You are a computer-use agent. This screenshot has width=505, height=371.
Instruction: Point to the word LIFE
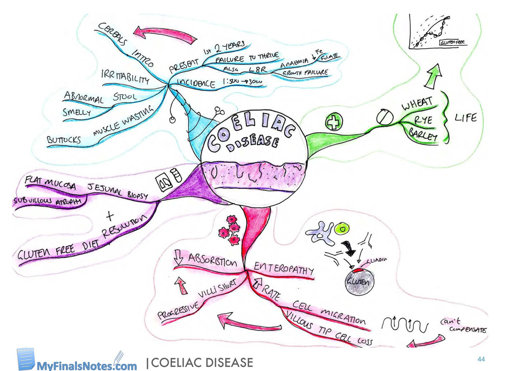click(465, 118)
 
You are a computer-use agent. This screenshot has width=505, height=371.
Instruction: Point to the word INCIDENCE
click(196, 84)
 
